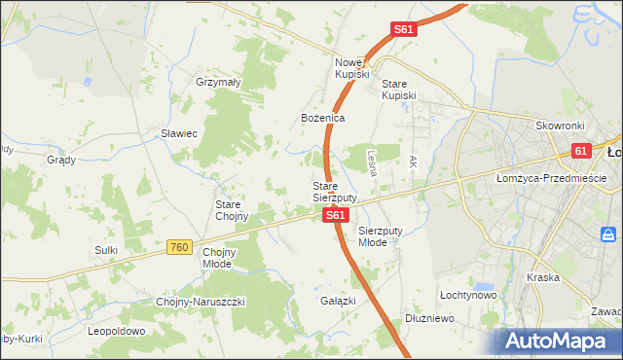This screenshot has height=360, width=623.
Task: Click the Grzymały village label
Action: click(x=218, y=83)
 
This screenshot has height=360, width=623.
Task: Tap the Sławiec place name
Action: click(x=179, y=133)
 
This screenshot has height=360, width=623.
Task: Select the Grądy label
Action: click(x=61, y=160)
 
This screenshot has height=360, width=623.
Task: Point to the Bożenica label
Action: click(x=322, y=118)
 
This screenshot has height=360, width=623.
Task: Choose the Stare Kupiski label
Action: click(x=399, y=90)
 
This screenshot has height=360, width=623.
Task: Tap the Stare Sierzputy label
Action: click(x=334, y=191)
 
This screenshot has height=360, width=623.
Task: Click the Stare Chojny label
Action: click(x=234, y=210)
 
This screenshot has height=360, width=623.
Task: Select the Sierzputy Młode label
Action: click(x=379, y=236)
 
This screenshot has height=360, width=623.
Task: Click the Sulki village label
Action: click(x=106, y=250)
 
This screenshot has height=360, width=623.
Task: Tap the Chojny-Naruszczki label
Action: click(x=201, y=302)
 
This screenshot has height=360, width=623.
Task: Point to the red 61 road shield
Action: click(x=581, y=151)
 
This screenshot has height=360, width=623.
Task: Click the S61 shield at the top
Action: click(x=404, y=30)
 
